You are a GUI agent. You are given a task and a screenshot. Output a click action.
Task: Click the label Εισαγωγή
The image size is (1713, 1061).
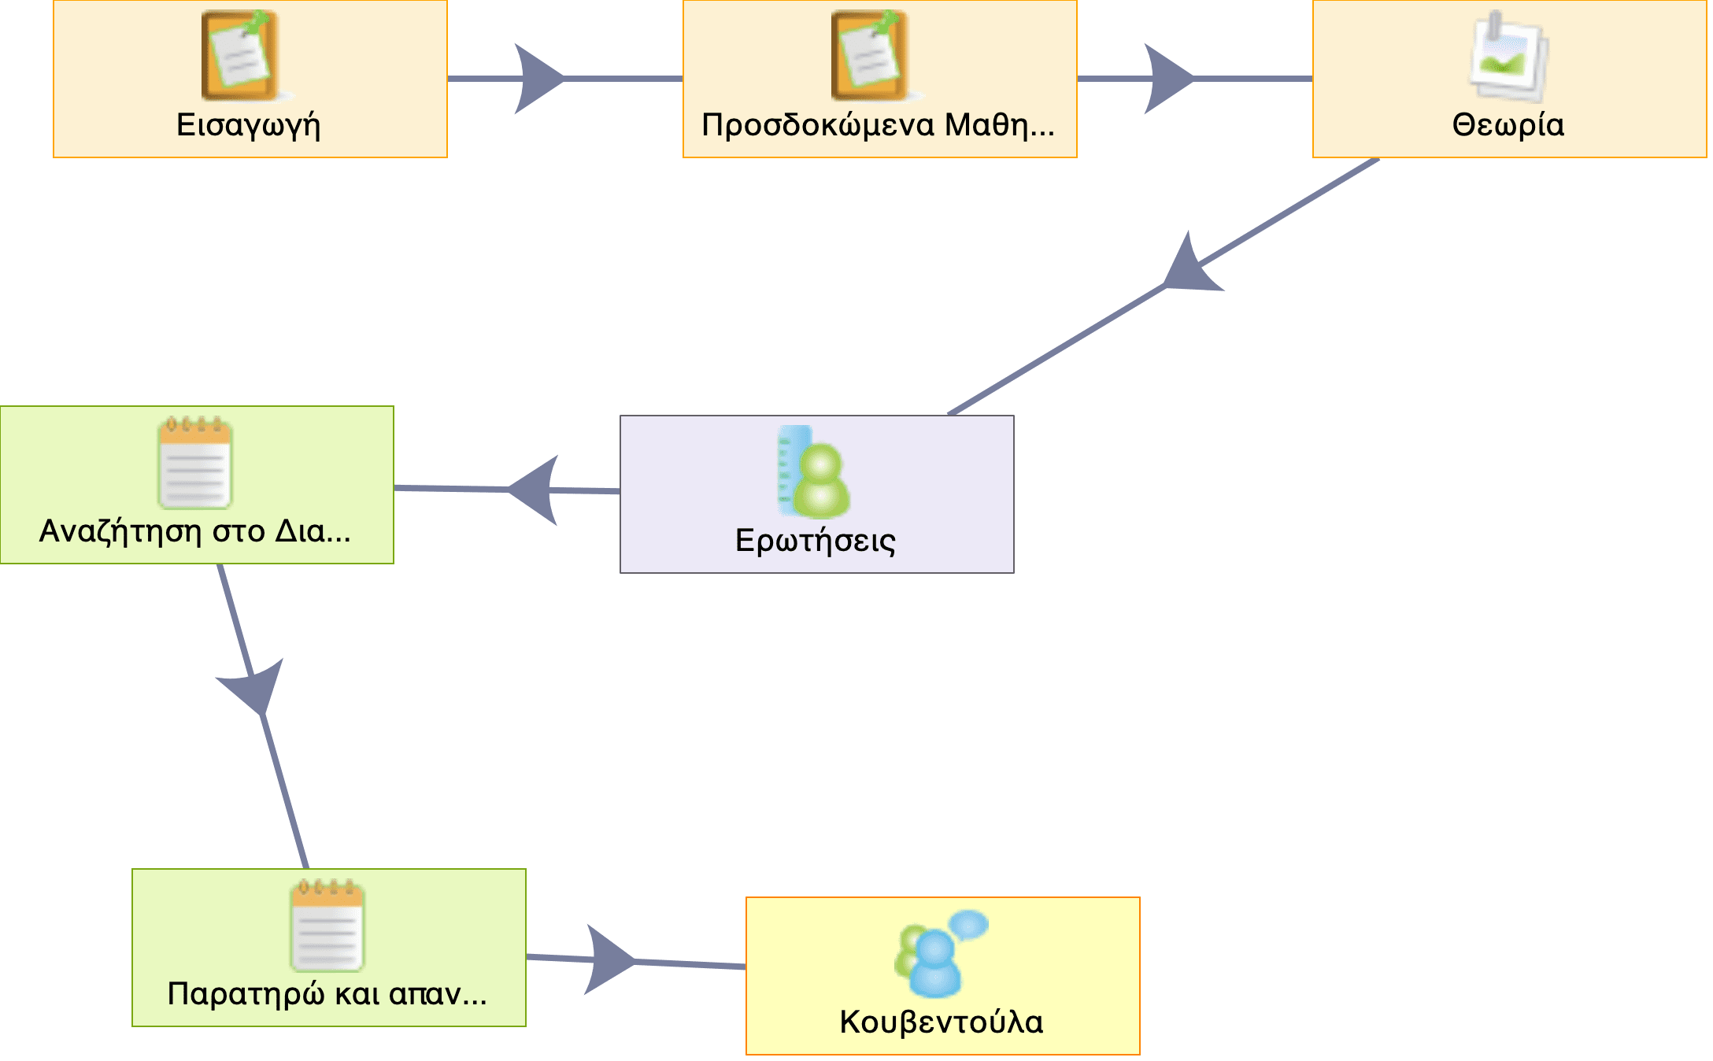249,125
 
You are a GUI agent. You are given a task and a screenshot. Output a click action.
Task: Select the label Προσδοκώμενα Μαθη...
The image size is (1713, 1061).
878,125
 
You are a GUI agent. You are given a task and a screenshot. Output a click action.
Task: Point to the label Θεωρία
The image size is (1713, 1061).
1508,125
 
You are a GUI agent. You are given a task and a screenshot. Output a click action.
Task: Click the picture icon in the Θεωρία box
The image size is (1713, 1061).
1508,57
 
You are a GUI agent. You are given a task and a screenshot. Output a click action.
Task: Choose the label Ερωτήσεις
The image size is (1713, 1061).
816,541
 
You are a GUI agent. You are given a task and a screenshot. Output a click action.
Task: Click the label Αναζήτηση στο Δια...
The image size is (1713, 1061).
195,531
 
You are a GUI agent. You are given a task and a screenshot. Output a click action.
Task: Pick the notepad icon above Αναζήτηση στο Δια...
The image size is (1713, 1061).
195,463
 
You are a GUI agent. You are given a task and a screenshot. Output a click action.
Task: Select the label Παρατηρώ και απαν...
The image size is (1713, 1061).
327,994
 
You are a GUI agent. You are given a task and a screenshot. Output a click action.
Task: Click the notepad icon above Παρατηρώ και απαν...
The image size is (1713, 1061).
327,926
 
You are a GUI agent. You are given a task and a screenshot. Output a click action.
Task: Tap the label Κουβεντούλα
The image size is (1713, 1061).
942,1022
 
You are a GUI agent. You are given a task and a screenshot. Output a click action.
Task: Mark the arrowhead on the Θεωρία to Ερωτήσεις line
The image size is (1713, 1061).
1188,268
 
